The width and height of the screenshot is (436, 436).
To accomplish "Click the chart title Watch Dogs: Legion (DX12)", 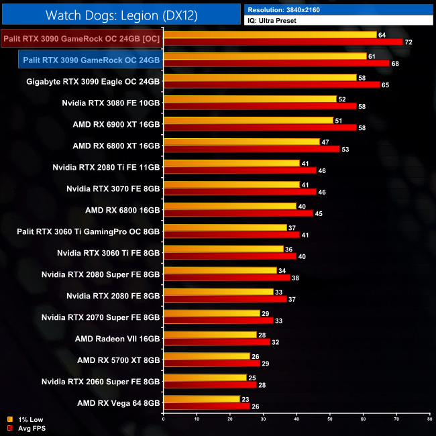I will point(121,14).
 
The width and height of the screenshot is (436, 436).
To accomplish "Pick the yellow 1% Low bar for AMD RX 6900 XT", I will point(248,120).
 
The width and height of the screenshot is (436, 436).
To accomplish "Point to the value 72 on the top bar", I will point(408,42).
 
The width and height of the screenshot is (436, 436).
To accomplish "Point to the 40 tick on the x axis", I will point(296,419).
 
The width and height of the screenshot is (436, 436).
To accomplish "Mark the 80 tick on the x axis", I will point(429,419).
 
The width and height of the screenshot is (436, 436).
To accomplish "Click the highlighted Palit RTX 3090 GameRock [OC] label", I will point(81,39).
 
